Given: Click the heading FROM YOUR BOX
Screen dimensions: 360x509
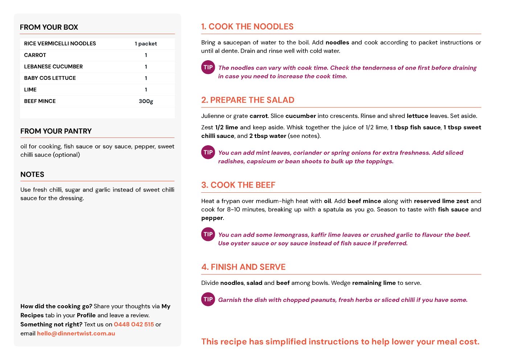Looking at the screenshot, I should tap(49, 27).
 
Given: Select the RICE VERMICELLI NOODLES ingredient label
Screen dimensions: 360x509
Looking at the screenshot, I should tap(60, 44).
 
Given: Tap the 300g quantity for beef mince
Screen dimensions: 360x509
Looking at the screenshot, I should tap(146, 101).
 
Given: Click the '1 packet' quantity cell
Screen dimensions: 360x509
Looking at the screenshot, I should tap(146, 44).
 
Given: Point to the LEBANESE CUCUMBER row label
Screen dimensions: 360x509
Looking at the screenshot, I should tap(53, 67).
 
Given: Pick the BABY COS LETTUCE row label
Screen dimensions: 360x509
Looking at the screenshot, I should tap(50, 78).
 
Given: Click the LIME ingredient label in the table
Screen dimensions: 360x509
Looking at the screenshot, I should tap(30, 90).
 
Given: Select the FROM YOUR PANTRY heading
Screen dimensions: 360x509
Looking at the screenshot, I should tap(56, 131).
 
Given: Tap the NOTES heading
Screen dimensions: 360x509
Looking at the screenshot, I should tap(32, 175).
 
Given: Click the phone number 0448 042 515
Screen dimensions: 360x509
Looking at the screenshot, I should tap(134, 324).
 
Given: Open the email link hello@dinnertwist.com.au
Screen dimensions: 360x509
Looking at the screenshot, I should tap(76, 334).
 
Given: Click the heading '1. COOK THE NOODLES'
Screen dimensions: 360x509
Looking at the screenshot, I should tap(247, 27).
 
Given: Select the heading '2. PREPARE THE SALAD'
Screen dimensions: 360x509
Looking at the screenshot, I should tap(248, 100).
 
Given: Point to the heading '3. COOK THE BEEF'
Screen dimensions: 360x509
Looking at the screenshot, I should tap(238, 185).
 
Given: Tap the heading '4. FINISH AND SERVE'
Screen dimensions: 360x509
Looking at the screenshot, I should tap(243, 267).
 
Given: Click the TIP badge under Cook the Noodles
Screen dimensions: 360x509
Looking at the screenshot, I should tap(208, 67).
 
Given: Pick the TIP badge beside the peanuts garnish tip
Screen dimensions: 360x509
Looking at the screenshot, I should tap(208, 299).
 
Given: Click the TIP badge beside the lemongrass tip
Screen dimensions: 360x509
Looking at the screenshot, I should tap(208, 234).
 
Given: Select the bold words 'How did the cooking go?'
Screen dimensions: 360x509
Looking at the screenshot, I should tap(56, 306).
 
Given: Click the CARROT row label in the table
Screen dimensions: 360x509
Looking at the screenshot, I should tap(35, 55).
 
